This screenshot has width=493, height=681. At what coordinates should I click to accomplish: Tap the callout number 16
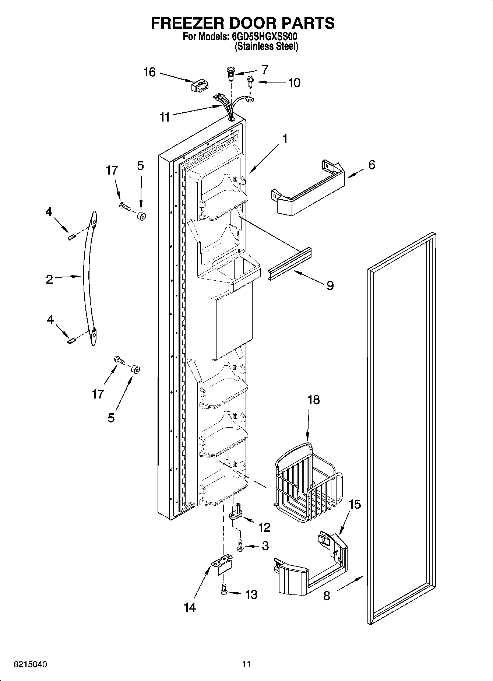pyautogui.click(x=149, y=72)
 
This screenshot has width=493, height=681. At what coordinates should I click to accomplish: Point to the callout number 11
pyautogui.click(x=164, y=117)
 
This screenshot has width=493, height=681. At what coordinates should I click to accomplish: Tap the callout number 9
pyautogui.click(x=330, y=285)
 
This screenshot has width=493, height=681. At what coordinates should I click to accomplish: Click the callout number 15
pyautogui.click(x=354, y=504)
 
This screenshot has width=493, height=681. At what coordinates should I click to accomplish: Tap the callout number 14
pyautogui.click(x=190, y=607)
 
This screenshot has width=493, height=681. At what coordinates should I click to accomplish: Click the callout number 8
pyautogui.click(x=327, y=596)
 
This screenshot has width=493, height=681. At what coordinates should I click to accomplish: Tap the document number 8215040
pyautogui.click(x=30, y=664)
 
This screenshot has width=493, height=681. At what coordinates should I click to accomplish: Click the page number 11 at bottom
pyautogui.click(x=246, y=664)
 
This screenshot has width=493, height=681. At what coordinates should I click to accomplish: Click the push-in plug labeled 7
pyautogui.click(x=231, y=72)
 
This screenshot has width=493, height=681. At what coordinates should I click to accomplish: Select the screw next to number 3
pyautogui.click(x=240, y=545)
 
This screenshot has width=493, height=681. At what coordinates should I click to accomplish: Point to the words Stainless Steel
pyautogui.click(x=267, y=46)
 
